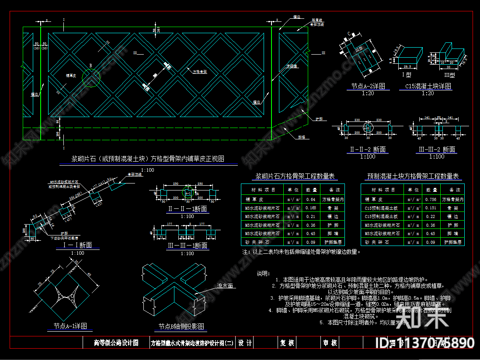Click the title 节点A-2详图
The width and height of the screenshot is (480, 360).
click(x=368, y=87)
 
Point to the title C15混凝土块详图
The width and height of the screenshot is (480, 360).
click(x=425, y=87)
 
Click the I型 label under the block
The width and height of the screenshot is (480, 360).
click(x=407, y=74)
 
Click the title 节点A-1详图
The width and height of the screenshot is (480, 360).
click(x=70, y=326)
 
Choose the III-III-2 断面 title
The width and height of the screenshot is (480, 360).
click(x=437, y=149)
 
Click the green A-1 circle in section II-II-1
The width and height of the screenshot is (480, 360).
click(x=188, y=192)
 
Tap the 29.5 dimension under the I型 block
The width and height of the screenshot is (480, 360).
click(x=407, y=67)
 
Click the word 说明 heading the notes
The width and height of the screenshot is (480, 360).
click(x=263, y=274)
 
